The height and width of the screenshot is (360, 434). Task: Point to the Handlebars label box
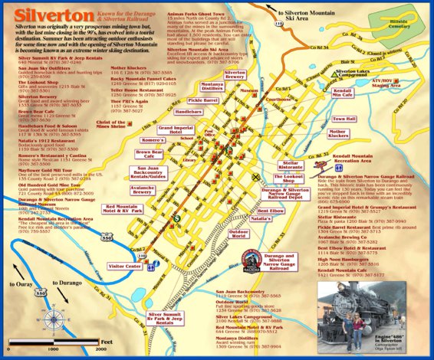pos(189,112)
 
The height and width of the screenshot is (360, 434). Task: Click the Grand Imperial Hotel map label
pos(176,130)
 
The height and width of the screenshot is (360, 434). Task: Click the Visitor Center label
pos(126,266)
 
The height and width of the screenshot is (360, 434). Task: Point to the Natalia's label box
pos(261,219)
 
